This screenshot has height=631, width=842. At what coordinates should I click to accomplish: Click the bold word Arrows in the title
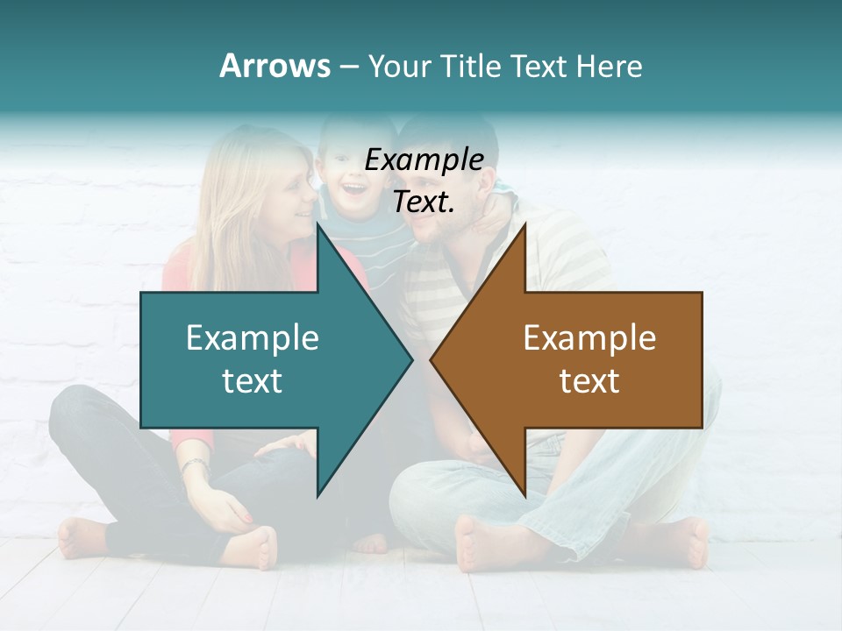tap(275, 66)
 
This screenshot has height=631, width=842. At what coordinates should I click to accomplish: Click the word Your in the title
tap(397, 66)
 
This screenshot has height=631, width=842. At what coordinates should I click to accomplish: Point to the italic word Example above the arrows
tap(425, 160)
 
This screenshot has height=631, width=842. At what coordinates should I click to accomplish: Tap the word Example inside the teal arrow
tap(253, 338)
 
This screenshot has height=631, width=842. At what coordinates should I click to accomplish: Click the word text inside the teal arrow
tap(253, 381)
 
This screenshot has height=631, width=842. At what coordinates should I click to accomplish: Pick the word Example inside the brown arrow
tap(589, 338)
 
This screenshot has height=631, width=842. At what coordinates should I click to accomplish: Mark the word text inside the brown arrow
tap(589, 381)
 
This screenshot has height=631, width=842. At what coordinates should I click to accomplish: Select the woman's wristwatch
tap(196, 465)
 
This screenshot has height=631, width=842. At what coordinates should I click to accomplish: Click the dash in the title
tap(348, 67)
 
